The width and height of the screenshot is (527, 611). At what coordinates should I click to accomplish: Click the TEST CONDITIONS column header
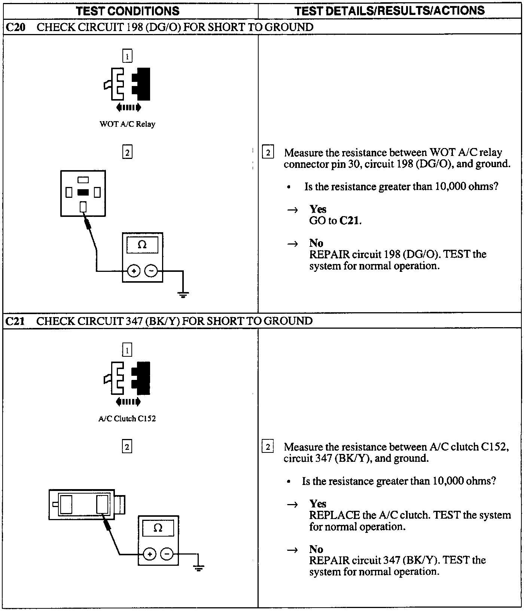127,10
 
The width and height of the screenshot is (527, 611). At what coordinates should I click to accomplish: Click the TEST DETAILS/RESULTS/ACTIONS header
390,10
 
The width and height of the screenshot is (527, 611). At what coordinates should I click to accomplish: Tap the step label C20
15,27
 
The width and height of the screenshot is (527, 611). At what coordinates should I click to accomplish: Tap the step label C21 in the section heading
15,321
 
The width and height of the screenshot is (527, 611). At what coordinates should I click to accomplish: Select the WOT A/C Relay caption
127,124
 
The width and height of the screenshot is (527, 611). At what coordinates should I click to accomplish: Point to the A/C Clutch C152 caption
127,419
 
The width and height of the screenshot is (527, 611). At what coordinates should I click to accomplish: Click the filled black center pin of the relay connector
83,193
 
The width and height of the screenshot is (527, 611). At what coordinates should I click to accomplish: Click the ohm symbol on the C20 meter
142,245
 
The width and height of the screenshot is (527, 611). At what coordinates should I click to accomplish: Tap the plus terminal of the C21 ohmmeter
149,554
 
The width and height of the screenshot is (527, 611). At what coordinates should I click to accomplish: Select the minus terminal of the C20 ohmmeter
151,271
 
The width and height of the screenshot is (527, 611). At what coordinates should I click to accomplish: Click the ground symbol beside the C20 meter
183,295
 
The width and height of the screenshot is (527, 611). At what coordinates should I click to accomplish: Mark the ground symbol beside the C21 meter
199,569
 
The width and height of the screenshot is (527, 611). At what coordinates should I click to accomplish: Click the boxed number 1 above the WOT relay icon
127,56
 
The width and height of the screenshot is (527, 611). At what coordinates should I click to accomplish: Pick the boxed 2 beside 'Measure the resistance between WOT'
268,153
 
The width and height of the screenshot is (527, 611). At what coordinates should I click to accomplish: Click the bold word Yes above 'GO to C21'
318,209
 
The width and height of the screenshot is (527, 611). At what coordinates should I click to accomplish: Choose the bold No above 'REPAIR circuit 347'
316,549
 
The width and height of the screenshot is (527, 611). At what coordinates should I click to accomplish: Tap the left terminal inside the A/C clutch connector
66,504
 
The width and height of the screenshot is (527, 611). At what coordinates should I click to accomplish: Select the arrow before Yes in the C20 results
292,210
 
